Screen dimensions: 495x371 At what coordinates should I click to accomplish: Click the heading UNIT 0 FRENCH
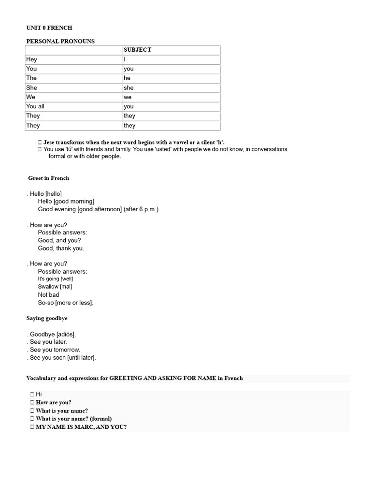(49, 28)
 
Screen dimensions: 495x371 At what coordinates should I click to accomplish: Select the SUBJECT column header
(137, 50)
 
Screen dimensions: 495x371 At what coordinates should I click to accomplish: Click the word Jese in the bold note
(50, 142)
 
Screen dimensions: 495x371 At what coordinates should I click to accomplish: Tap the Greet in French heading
(48, 178)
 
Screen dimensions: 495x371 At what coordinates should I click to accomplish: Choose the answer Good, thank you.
(61, 248)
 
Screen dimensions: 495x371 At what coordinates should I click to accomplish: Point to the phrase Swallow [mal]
(55, 287)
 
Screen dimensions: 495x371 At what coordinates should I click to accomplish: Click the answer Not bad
(48, 294)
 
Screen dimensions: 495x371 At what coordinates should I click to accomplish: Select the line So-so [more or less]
(66, 303)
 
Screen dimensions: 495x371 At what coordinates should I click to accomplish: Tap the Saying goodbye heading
(47, 318)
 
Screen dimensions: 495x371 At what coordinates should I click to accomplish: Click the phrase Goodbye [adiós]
(53, 334)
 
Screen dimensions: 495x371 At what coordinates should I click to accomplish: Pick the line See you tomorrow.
(55, 349)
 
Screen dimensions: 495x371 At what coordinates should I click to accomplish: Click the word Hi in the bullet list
(39, 394)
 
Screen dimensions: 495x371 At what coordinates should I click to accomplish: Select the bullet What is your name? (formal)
(73, 419)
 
